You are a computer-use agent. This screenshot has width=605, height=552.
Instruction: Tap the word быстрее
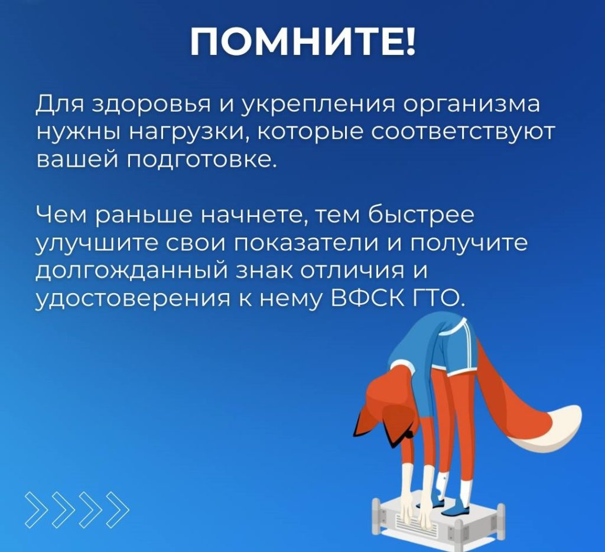point(421,215)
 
